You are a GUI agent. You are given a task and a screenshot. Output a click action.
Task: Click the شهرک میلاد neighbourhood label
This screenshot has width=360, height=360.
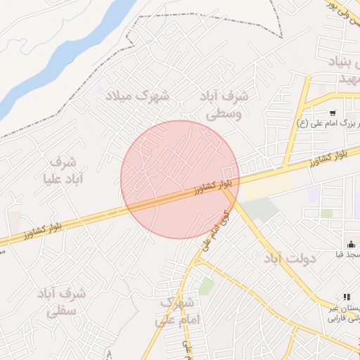pos(137,95)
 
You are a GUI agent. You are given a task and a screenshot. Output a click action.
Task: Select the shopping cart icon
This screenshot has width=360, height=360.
pos(332,112)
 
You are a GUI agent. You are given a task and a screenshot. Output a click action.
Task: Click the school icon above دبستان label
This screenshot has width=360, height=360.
pos(346,297)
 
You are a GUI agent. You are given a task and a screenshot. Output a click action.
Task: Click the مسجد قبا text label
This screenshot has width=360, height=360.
pos(349,255)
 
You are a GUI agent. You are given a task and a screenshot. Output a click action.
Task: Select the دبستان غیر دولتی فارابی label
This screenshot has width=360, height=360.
pos(343,313)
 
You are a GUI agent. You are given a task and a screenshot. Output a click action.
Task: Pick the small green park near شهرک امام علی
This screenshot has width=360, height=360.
pos(205,285)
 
